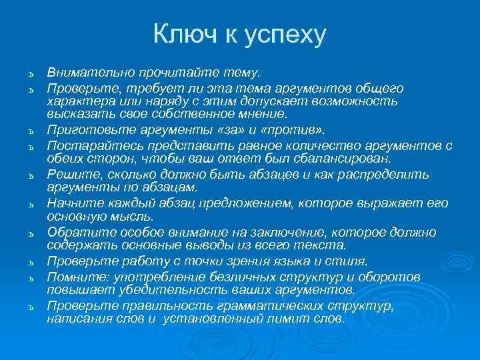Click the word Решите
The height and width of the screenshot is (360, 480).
click(x=68, y=175)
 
